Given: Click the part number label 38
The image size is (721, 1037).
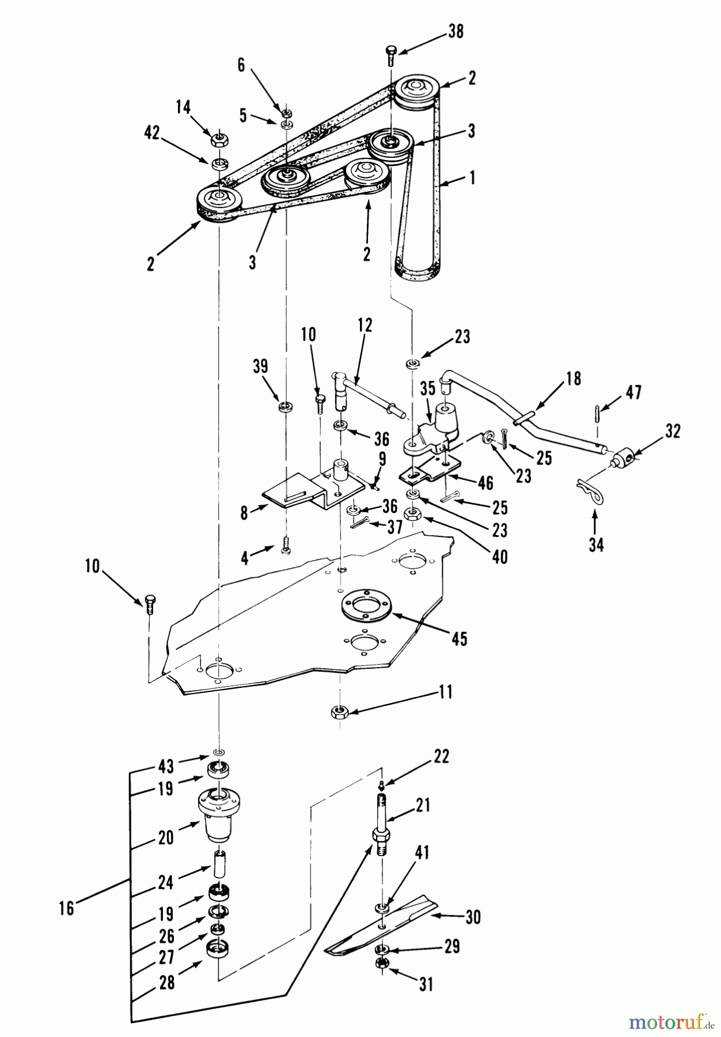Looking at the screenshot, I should tap(456, 31).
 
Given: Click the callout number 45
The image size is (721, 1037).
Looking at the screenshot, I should tap(459, 638).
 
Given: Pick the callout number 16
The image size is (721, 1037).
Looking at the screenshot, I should tap(67, 908).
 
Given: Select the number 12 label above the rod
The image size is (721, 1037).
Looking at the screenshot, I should tap(365, 325).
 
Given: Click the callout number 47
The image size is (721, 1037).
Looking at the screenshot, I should tap(633, 392).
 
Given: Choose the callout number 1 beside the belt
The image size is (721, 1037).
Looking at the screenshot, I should tap(472, 178).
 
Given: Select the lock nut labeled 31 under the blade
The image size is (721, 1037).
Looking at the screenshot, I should tap(382, 963).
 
